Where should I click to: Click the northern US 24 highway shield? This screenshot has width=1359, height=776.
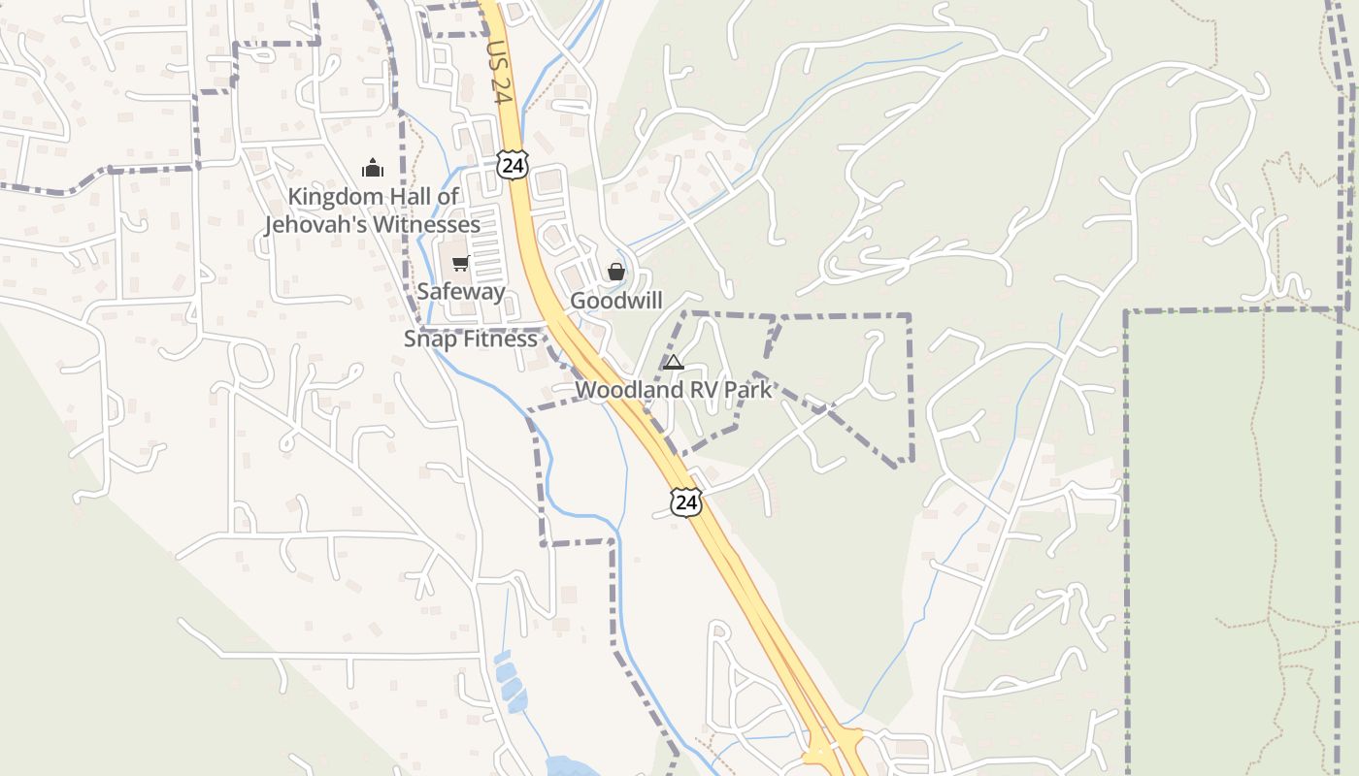[x=513, y=166]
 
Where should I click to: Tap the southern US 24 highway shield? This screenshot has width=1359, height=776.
[x=686, y=502]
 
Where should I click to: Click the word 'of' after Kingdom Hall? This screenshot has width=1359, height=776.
[x=448, y=197]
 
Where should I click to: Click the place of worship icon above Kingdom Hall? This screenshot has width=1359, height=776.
[x=373, y=168]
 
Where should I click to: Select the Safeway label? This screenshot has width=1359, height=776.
[x=461, y=291]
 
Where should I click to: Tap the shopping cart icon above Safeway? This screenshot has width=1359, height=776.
[x=461, y=263]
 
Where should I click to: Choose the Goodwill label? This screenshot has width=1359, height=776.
[x=616, y=301]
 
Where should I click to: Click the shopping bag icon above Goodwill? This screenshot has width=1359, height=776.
[x=616, y=273]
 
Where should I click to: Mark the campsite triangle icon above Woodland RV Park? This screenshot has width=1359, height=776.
[x=673, y=363]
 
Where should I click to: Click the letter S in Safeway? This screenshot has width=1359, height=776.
[x=423, y=291]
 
